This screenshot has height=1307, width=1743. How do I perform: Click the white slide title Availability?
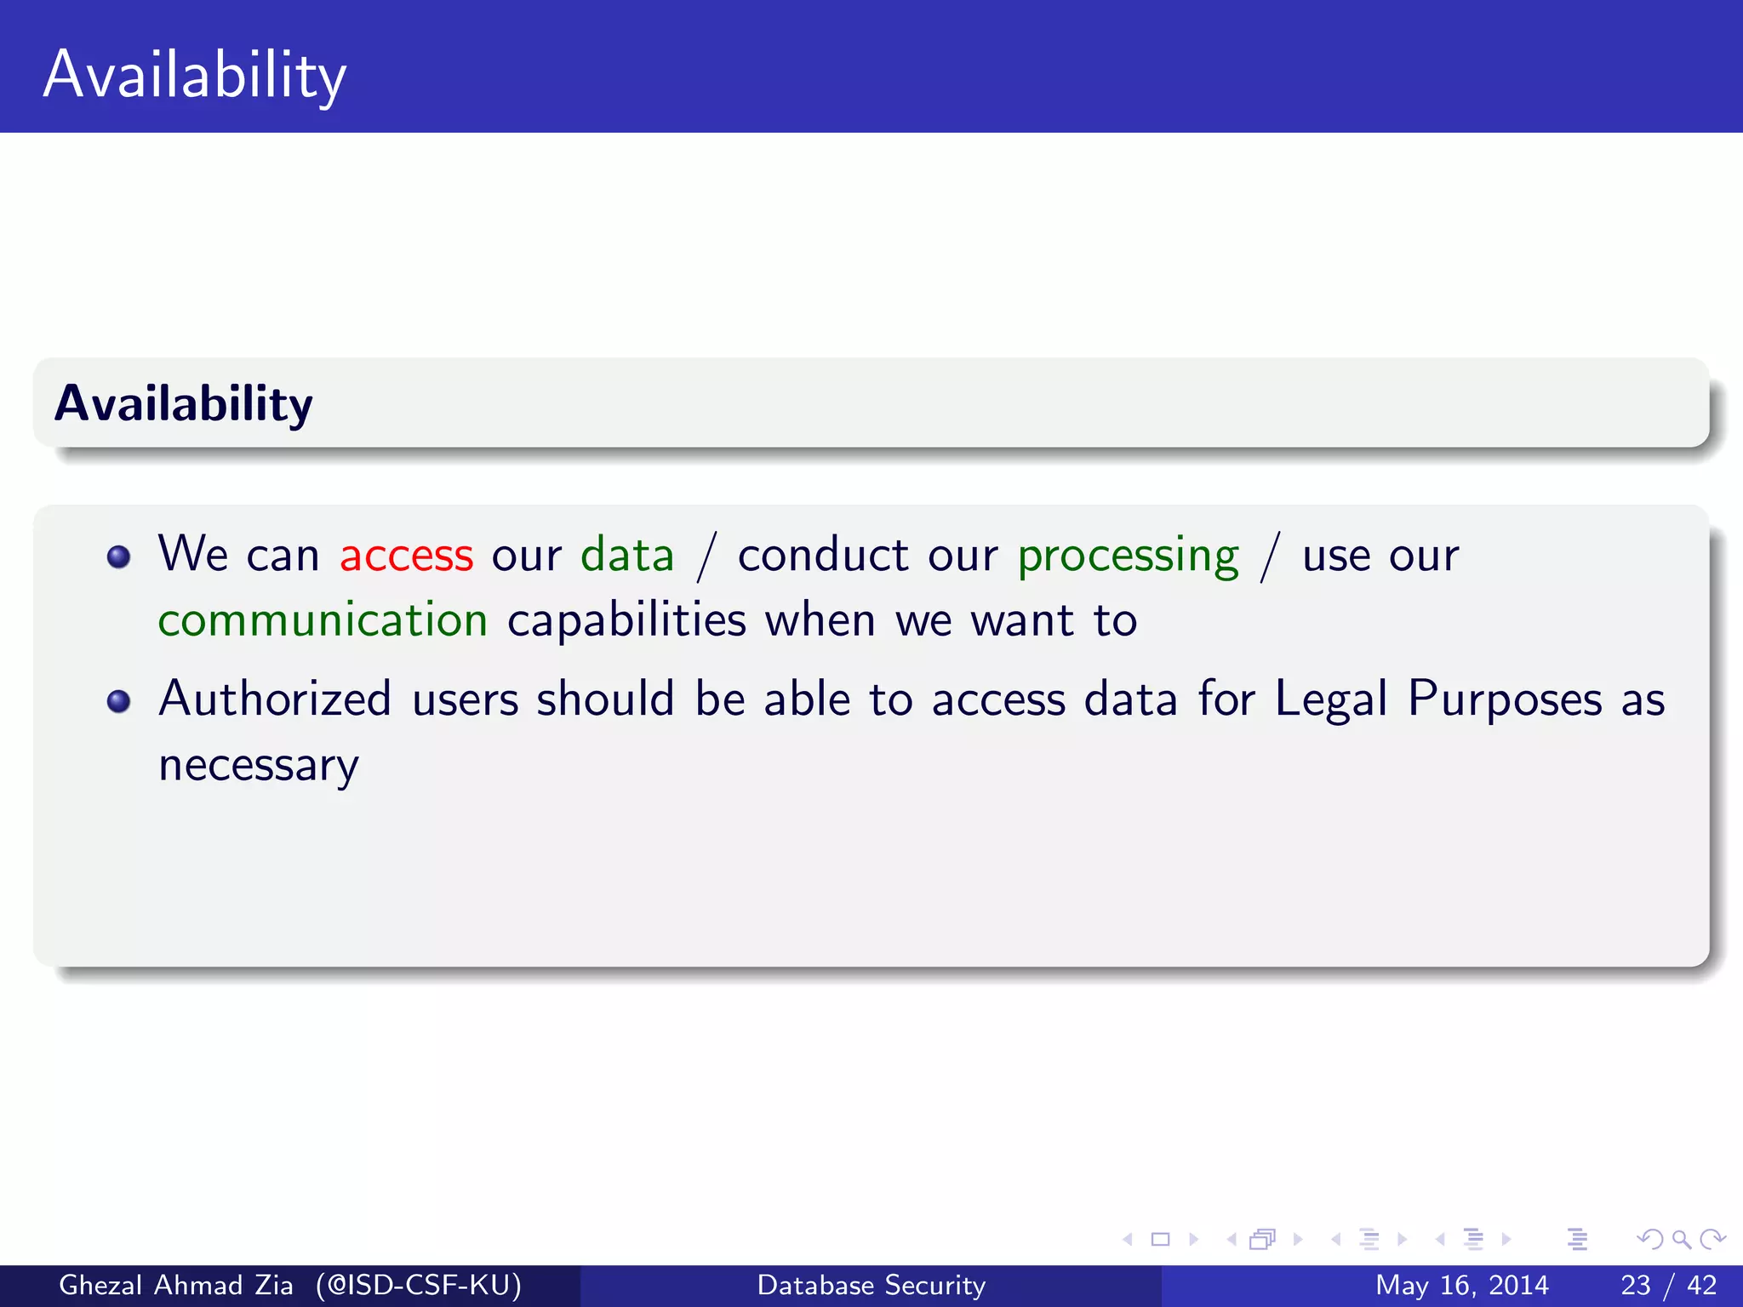[195, 75]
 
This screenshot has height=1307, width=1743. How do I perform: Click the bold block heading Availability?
[183, 403]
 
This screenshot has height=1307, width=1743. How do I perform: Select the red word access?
[406, 555]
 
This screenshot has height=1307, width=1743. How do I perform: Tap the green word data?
[627, 555]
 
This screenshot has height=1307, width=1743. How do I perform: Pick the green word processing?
[1128, 556]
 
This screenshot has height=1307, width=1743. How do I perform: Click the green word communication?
[323, 620]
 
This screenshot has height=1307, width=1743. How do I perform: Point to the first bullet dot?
[119, 557]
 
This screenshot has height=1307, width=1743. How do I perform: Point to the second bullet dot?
[119, 701]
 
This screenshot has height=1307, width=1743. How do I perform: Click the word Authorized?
[275, 699]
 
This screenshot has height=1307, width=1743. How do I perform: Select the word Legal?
[1330, 699]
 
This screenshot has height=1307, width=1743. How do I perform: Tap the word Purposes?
[1505, 699]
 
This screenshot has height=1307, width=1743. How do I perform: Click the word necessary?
[259, 766]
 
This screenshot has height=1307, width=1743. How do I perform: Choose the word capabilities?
[626, 620]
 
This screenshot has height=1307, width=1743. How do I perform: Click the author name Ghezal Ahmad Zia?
[175, 1285]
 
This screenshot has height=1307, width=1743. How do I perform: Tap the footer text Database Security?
[871, 1285]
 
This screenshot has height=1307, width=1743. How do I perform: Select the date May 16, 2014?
[1461, 1285]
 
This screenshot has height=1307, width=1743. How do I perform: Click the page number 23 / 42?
[1668, 1285]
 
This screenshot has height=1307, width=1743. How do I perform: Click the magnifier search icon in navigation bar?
[1681, 1239]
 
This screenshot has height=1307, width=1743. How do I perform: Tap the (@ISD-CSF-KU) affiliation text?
[418, 1285]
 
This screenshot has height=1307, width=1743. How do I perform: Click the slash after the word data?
[706, 556]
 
